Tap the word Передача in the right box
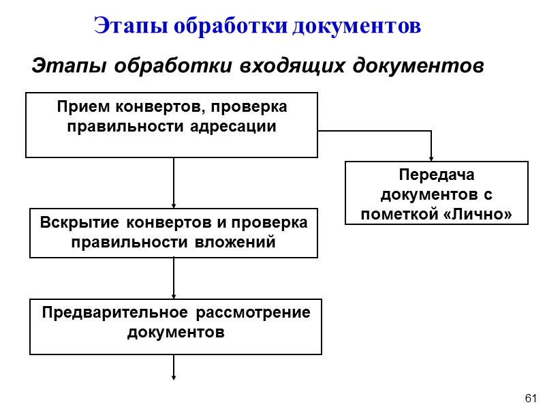(437, 176)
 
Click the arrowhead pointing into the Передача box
(431, 157)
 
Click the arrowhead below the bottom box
(174, 375)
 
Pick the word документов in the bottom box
(175, 333)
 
